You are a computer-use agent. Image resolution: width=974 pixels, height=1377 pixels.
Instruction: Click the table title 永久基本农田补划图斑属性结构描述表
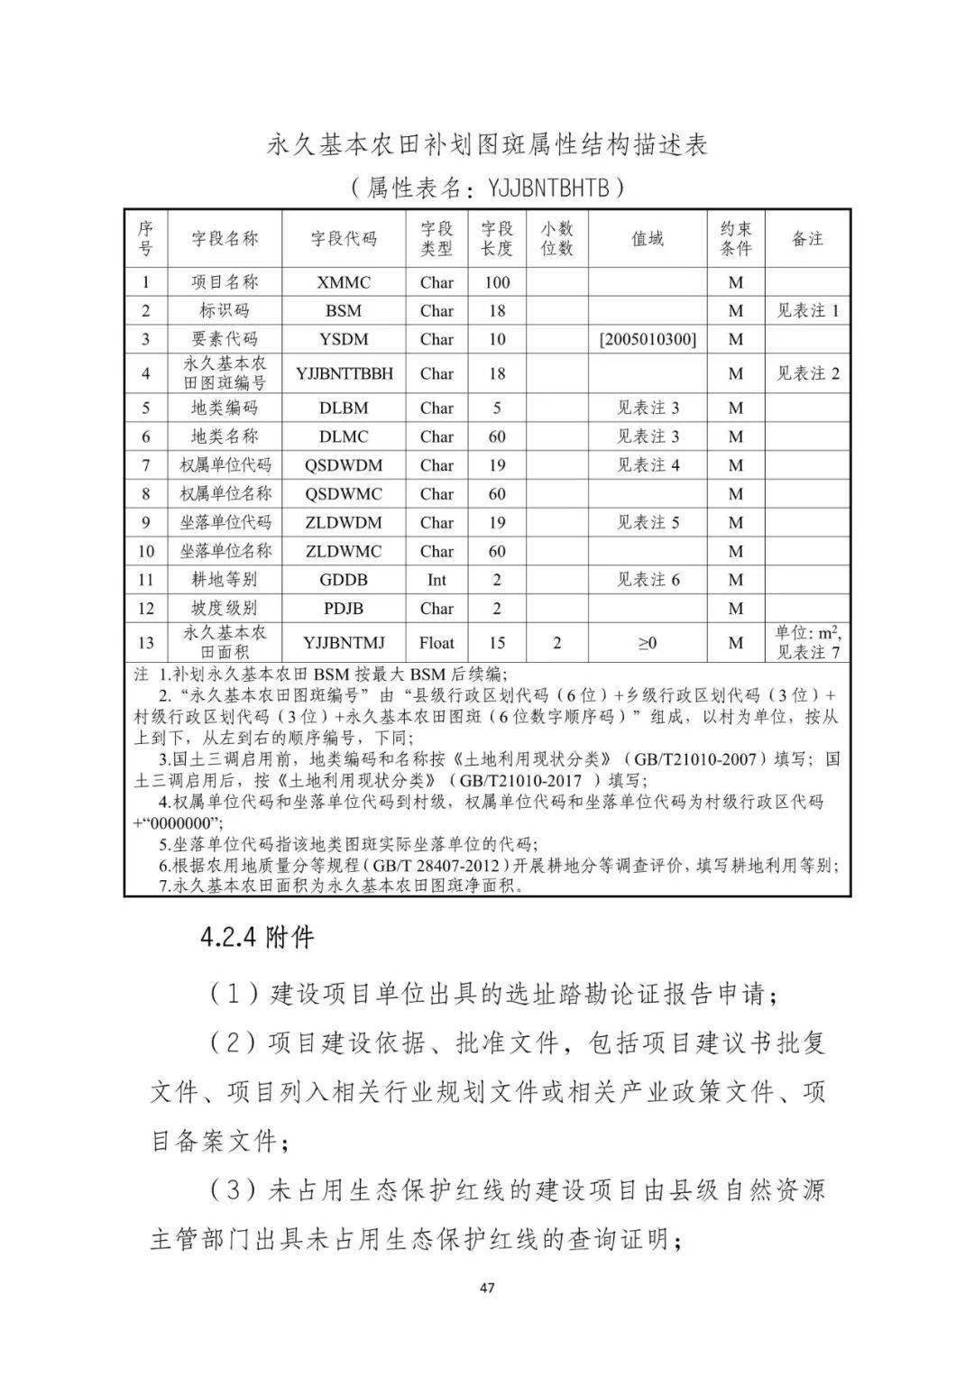coord(487,144)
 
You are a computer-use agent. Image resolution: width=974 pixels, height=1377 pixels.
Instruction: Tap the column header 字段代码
coord(344,239)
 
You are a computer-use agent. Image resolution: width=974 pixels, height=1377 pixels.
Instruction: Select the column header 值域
coord(648,239)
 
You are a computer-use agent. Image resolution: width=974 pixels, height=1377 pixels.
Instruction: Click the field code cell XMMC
coord(344,282)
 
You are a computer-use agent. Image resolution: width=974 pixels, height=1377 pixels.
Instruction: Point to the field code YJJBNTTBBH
coord(344,373)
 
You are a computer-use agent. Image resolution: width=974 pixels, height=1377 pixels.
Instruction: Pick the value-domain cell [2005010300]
coord(648,339)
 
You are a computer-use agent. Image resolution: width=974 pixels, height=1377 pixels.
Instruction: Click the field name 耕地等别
coord(225,580)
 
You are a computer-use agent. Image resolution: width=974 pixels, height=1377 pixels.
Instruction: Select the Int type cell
coord(436,580)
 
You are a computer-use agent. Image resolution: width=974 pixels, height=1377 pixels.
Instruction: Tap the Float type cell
coord(436,643)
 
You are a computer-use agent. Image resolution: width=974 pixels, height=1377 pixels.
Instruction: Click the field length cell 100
coord(497,282)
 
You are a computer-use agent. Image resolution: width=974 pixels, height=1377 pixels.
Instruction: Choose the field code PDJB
coord(344,609)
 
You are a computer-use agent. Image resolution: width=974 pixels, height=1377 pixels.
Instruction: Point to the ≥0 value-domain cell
coord(648,643)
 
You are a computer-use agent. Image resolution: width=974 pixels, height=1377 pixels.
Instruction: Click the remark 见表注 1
coord(808,311)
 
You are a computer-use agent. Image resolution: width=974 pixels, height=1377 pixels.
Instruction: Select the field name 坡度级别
coord(225,609)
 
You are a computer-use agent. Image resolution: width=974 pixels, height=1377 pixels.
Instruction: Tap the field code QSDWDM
coord(344,465)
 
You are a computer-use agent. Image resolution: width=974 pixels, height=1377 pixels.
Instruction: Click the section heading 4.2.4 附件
coord(257,938)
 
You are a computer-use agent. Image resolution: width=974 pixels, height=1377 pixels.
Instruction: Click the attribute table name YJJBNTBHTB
coord(556,188)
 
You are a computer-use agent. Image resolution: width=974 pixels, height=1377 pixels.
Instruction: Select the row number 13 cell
coord(146,643)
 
